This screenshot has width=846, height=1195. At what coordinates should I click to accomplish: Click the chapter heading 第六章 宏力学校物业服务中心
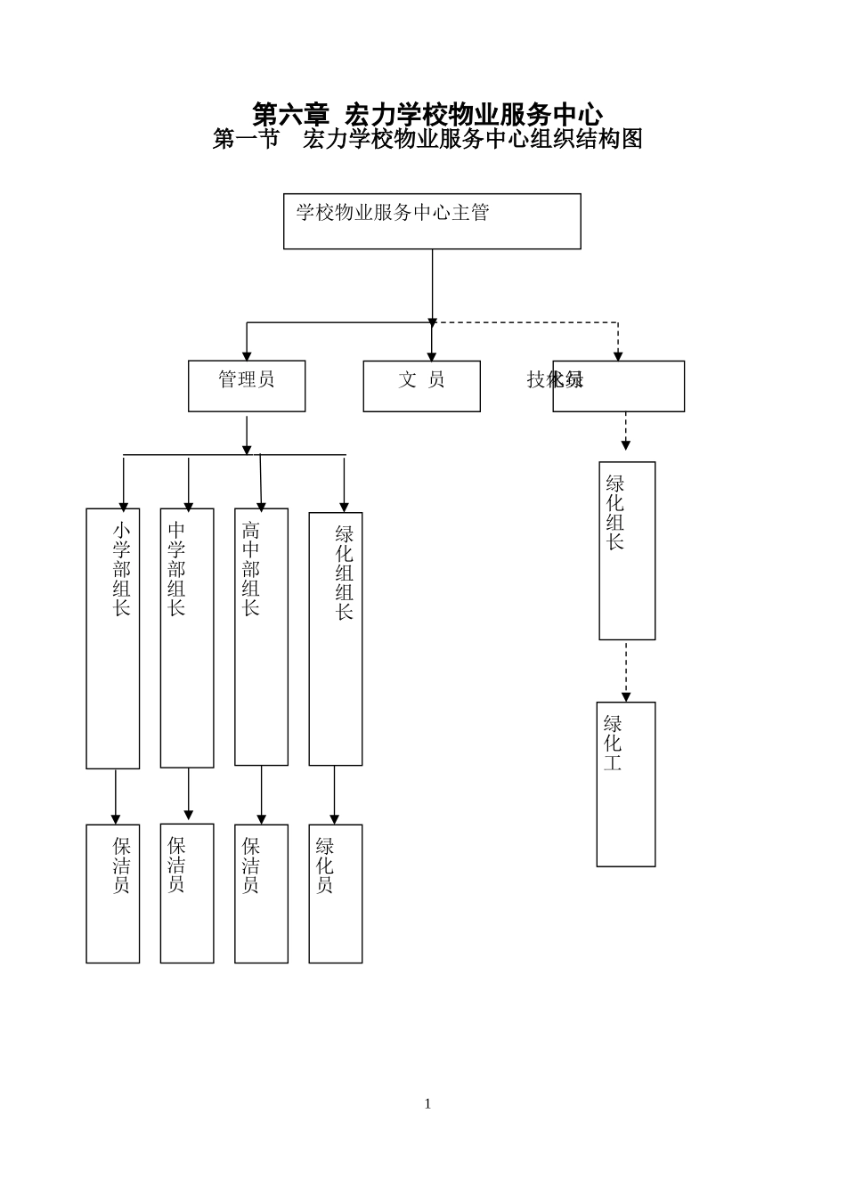point(427,114)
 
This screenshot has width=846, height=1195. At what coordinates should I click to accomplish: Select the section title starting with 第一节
point(427,139)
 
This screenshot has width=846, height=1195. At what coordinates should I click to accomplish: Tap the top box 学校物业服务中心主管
point(432,222)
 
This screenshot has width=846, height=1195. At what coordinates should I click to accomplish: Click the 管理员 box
point(247,386)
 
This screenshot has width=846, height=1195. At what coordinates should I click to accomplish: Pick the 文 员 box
point(421,386)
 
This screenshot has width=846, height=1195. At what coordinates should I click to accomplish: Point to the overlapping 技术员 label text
point(555,379)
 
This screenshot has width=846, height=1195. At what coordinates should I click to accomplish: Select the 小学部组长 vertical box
point(113,638)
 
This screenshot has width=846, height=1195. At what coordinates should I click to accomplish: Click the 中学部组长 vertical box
point(187,638)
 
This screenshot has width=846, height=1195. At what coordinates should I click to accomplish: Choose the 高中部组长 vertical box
point(261,636)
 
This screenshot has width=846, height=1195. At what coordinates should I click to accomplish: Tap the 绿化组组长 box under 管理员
point(336,638)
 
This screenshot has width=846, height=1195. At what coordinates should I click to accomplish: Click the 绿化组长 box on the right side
point(627,550)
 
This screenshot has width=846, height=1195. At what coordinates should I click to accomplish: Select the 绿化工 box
point(626,784)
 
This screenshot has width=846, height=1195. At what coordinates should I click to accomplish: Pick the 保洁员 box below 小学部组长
point(113,893)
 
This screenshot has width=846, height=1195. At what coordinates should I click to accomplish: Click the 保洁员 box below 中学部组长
point(187,892)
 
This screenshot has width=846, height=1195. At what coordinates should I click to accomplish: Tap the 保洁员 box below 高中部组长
point(261,893)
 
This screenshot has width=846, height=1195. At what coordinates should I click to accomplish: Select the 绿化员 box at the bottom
point(336,893)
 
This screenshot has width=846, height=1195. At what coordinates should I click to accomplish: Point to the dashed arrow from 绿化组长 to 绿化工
point(626,671)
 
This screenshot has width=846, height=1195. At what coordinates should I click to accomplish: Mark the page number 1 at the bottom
point(427,1104)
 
